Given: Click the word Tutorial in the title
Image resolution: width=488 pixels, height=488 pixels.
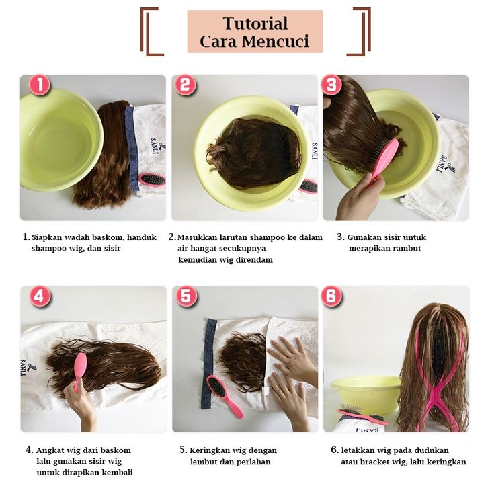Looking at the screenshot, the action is point(255,24).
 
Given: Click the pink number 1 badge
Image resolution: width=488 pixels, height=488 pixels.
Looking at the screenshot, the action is point(40,84).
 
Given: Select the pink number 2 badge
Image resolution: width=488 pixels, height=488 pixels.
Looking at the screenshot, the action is point(185,84).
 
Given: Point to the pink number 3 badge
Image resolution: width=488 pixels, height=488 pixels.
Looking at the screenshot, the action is point(331,84).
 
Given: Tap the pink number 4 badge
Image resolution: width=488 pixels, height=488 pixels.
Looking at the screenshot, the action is point(40,296).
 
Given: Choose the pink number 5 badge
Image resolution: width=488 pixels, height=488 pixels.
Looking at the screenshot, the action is point(186,296).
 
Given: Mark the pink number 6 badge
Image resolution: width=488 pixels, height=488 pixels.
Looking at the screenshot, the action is point(331,296).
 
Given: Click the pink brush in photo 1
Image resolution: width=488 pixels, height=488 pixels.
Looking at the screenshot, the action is point(152,179).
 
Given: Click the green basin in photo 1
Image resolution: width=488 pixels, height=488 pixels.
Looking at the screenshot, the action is point(60,139).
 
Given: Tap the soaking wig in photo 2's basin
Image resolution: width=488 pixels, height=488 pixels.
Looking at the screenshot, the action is point(253,153).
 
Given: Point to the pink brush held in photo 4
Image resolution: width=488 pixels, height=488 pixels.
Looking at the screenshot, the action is point(80,370).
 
